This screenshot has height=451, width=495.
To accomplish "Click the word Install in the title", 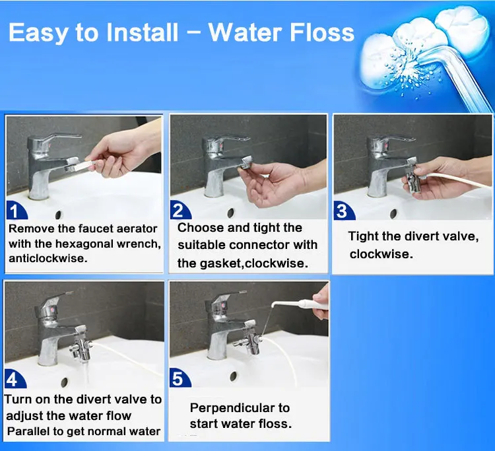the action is [x=143, y=32].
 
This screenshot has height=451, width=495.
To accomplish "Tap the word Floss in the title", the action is [x=322, y=32].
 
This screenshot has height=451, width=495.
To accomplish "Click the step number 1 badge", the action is [x=16, y=211].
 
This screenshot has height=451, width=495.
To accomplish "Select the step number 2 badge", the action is [x=180, y=211].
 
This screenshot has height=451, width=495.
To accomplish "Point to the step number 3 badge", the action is [x=344, y=211].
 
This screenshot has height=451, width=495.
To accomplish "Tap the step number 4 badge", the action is [x=15, y=379].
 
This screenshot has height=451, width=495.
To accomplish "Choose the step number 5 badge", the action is [x=180, y=378].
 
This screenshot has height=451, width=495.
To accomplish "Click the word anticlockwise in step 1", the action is [x=48, y=258].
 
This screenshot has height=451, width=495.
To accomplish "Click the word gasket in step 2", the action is [x=220, y=263].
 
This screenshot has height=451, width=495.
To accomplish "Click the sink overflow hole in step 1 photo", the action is [x=58, y=215].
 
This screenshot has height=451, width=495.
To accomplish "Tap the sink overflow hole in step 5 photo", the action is [x=233, y=376].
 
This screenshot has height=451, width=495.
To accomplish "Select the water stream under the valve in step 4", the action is [x=84, y=373].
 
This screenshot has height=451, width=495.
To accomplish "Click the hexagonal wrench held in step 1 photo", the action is [x=82, y=165].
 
